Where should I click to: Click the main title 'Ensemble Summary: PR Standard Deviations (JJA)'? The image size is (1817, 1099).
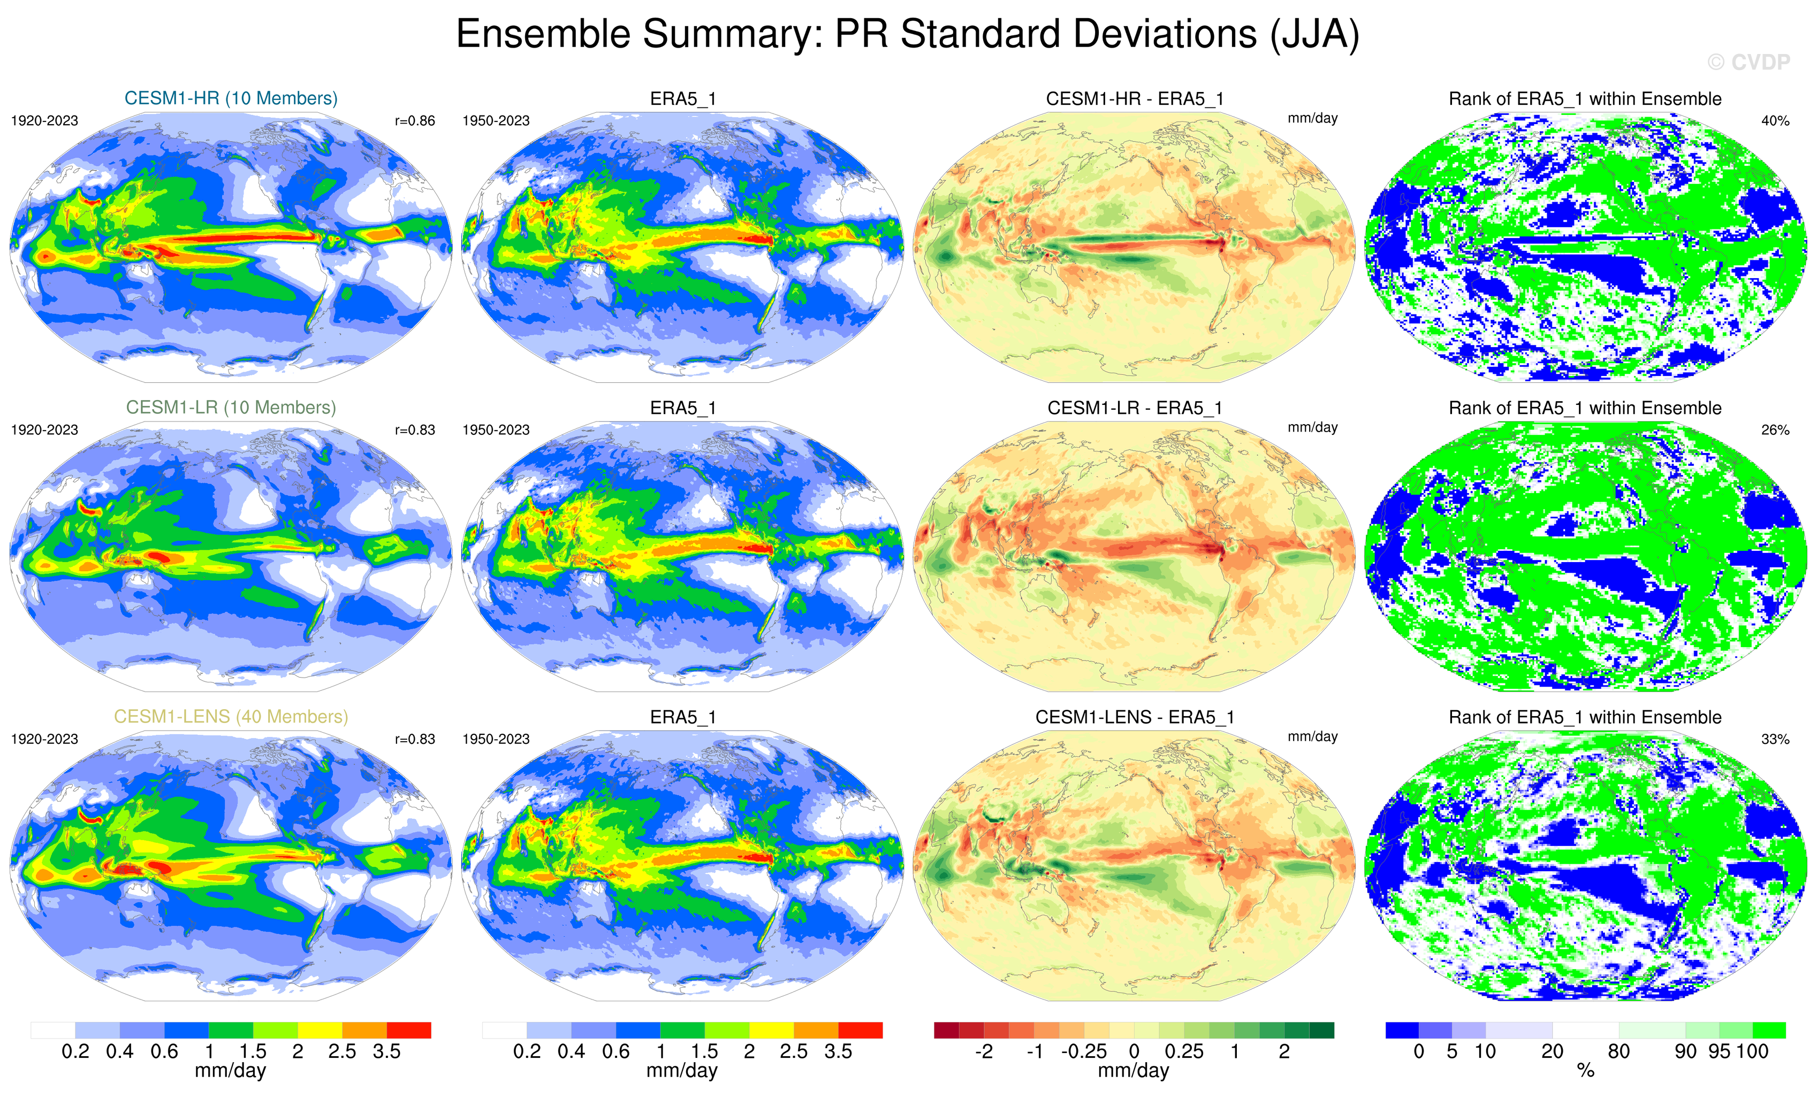point(907,35)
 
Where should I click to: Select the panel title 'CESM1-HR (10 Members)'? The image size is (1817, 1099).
point(231,98)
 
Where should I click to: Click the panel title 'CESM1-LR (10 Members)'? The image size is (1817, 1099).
point(231,408)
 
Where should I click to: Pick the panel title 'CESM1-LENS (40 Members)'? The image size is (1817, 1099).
point(231,717)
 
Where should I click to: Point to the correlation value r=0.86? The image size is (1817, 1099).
point(414,121)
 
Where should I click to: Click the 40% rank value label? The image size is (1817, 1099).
point(1775,121)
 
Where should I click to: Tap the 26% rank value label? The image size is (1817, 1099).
point(1775,430)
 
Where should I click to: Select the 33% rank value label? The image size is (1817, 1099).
point(1775,739)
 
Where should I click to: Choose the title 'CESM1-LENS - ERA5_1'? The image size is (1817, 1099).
point(1134,717)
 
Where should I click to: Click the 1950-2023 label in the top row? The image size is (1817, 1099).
point(496,121)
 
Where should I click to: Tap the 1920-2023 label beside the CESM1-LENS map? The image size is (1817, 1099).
point(44,739)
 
